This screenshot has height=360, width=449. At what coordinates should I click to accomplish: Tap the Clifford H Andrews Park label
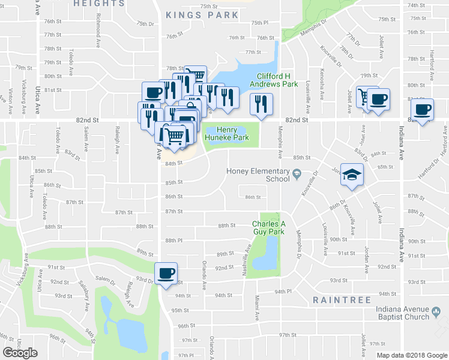[x=277, y=80]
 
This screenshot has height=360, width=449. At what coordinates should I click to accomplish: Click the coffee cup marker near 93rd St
[x=166, y=274]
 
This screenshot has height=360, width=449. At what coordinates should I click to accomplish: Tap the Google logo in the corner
[x=20, y=353]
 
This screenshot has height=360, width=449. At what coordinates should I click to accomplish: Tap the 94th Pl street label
[x=283, y=292]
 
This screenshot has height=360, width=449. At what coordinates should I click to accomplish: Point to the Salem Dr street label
[x=104, y=279]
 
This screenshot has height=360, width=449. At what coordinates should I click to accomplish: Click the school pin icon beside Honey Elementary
[x=297, y=175]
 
